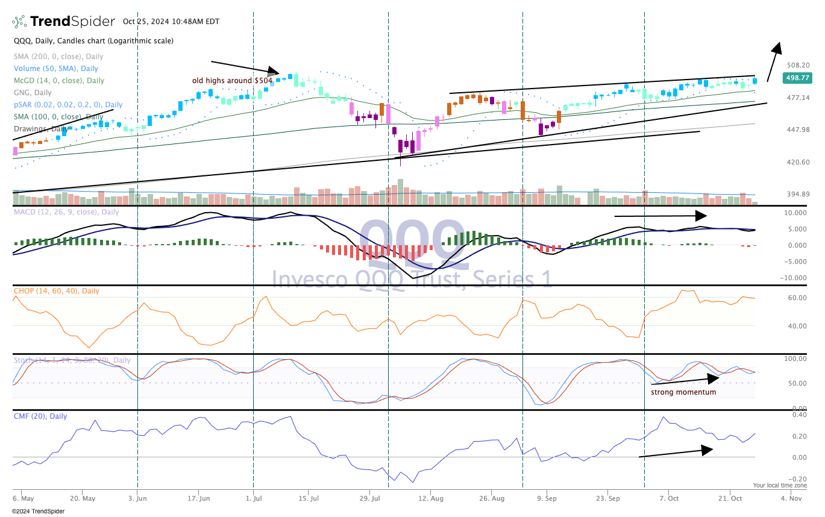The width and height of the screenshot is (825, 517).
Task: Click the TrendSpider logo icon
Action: (19, 22)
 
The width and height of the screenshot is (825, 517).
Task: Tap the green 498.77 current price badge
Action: (796, 78)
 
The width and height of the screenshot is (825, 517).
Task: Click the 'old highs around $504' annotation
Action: (232, 80)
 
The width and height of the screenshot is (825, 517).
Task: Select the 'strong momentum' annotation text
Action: (683, 392)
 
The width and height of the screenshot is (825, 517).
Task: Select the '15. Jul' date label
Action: (308, 499)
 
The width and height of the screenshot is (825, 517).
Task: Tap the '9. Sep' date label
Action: (547, 499)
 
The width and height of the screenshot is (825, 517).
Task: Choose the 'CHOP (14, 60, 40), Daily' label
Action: (57, 291)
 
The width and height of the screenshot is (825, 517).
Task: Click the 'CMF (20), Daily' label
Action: (40, 416)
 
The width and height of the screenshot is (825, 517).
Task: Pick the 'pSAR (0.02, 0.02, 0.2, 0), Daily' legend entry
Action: (68, 104)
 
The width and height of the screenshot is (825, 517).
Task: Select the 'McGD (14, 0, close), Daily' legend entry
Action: (59, 80)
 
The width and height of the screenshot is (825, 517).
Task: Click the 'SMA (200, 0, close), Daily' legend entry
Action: (59, 56)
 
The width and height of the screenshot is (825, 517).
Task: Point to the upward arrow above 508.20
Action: (774, 61)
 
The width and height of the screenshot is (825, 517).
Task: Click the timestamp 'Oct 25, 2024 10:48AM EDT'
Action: (171, 22)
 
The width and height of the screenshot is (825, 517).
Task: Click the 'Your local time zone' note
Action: (779, 485)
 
